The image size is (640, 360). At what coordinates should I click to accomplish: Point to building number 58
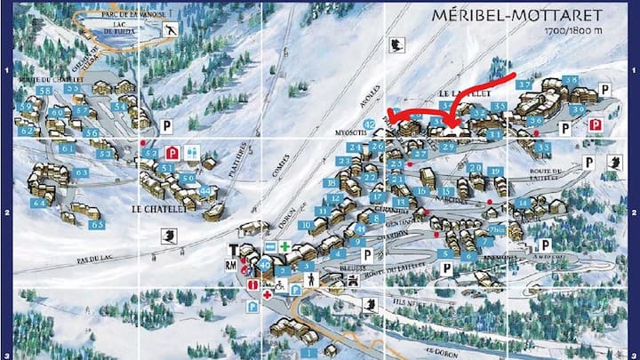44,90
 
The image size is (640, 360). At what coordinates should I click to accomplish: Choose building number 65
96,224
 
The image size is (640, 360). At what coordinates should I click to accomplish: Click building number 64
39,203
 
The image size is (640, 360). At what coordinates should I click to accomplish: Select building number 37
525,85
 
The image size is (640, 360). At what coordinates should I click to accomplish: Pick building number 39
578,109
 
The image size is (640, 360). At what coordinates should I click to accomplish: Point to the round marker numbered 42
370,123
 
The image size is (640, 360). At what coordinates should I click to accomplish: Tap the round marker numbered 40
264,263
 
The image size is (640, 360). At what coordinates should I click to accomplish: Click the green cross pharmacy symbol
284,245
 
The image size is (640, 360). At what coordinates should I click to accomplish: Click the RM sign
233,264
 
